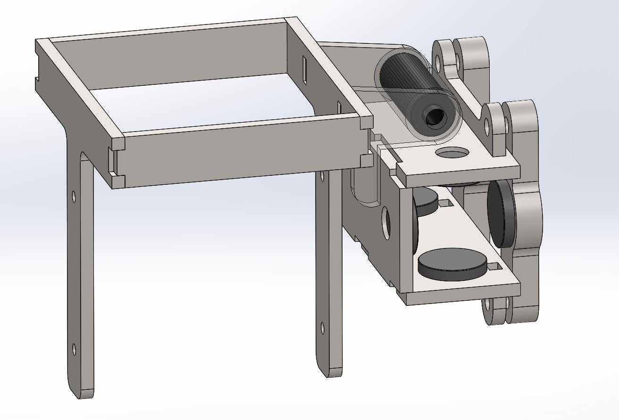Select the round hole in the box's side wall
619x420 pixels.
pyautogui.click(x=386, y=222)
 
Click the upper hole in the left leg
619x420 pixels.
pyautogui.click(x=73, y=196)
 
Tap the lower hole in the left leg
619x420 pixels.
pyautogui.click(x=74, y=349)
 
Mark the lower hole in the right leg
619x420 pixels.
pyautogui.click(x=322, y=327)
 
